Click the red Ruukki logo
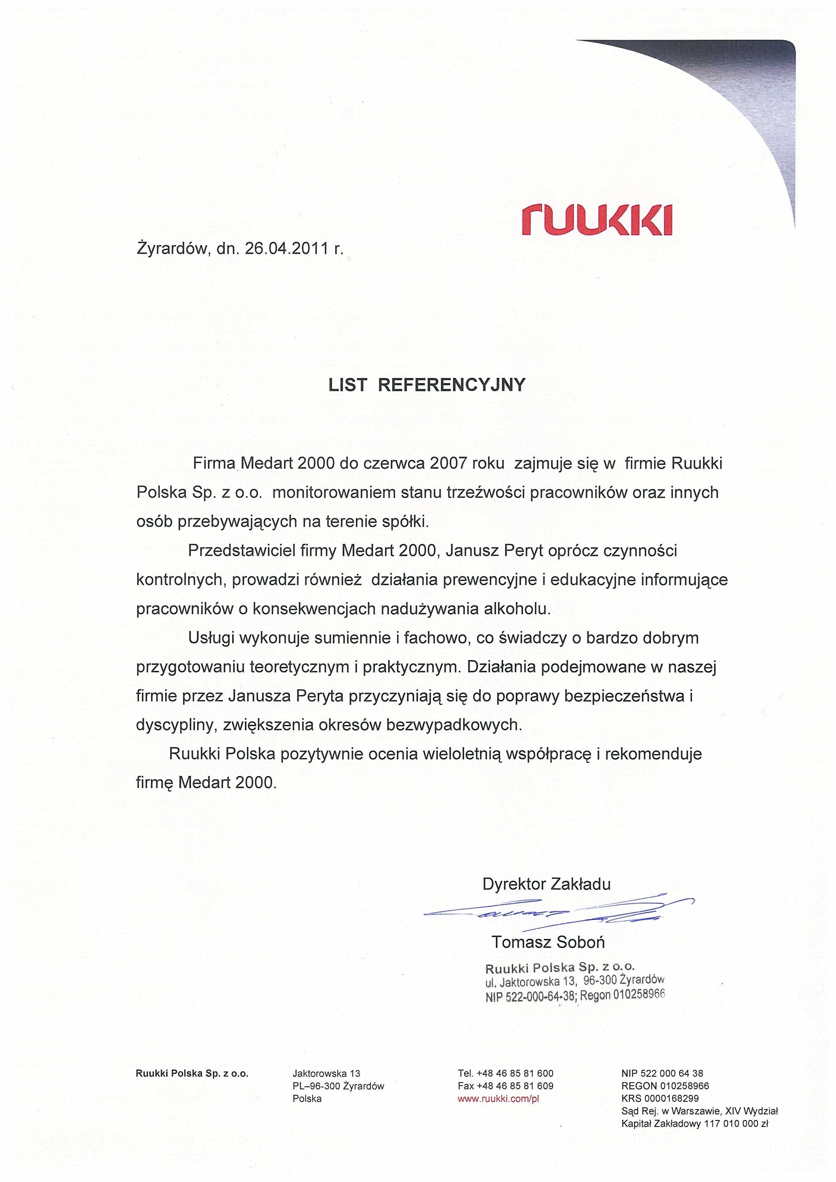[x=596, y=219]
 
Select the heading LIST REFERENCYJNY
[x=427, y=385]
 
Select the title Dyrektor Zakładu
[x=546, y=884]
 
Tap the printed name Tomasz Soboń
[x=548, y=942]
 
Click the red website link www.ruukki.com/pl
[x=498, y=1098]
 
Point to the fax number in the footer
[x=505, y=1086]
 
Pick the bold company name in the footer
[x=192, y=1073]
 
